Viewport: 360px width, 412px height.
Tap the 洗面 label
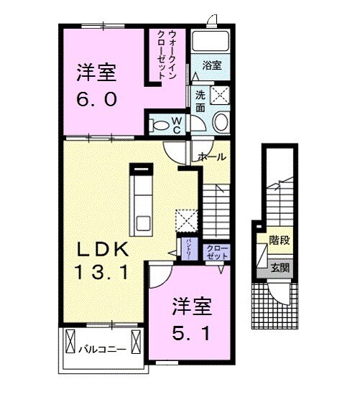point(200,101)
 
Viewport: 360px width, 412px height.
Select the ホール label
point(212,156)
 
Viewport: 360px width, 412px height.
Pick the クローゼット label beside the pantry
point(216,251)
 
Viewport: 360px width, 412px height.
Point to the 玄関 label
point(280,268)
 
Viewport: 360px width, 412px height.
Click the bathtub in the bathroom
point(212,42)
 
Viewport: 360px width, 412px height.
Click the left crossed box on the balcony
point(70,342)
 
